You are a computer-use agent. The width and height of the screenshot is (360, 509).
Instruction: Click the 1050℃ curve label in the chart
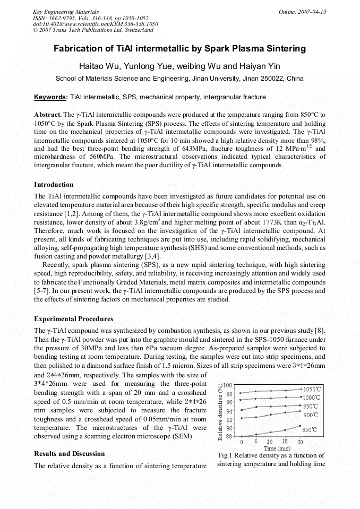(312, 389)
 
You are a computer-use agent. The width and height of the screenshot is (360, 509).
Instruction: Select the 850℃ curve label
(310, 430)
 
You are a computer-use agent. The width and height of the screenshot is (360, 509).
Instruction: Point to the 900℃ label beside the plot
(311, 415)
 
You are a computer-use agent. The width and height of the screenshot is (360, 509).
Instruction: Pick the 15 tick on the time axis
(285, 442)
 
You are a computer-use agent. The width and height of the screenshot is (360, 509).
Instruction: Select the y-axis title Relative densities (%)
(220, 411)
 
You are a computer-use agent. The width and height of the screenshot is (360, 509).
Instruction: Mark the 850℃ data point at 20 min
(301, 426)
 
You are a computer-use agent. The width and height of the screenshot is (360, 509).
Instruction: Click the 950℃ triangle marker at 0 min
(242, 409)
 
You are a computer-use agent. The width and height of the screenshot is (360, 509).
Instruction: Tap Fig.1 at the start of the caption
(225, 455)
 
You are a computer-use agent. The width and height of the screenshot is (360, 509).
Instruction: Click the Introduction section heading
(54, 185)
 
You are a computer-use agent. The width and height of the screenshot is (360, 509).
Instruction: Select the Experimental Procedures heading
(73, 319)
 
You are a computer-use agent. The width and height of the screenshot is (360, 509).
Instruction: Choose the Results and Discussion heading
(69, 454)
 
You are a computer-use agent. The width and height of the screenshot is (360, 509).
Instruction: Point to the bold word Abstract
(47, 115)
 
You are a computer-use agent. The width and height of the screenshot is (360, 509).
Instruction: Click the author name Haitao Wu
(98, 66)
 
